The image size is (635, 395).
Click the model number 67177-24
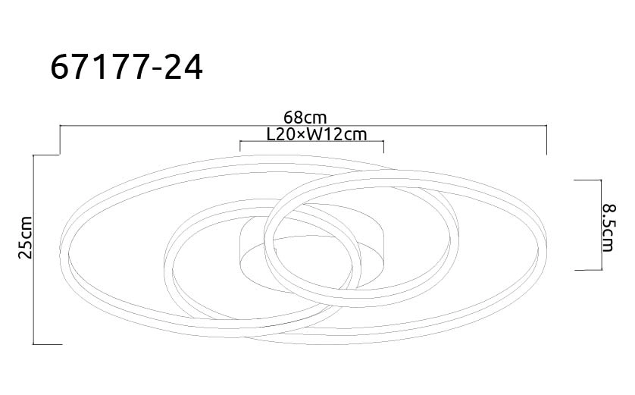127,67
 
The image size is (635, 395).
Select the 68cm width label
304,118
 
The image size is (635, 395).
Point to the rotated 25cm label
26,239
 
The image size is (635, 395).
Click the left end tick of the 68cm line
60,140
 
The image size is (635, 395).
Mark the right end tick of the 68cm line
546,140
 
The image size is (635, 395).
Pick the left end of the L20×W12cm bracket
239,146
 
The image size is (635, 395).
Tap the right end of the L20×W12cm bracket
384,146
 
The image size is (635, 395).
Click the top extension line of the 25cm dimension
47,155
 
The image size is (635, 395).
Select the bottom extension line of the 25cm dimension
47,344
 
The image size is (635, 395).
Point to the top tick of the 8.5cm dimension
587,180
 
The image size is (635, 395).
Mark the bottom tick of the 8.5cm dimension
587,269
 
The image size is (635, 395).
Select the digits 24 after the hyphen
186,67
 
